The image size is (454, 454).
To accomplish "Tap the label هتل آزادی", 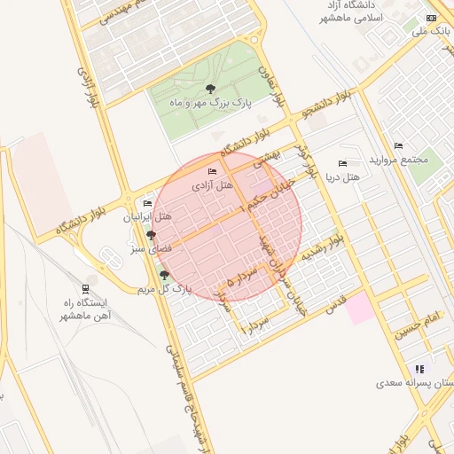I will pos(212,185).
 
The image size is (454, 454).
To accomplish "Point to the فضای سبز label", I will pos(146,250).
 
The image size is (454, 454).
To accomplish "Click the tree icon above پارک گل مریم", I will pos(164,275).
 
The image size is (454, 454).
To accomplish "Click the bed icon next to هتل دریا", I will pos(343,163).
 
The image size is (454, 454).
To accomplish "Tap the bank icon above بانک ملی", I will pos(432,18).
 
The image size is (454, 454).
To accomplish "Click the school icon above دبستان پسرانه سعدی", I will pos(419,369).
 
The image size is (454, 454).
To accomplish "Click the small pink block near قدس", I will pos(359,309).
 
